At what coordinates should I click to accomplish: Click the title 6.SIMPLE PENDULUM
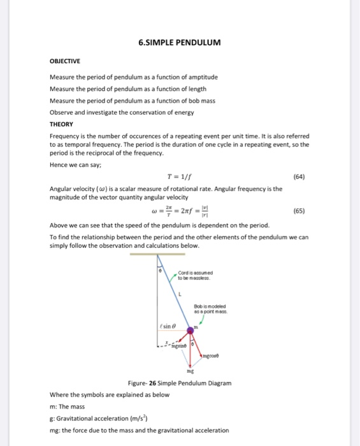pyautogui.click(x=179, y=43)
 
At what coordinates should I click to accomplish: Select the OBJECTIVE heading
pyautogui.click(x=66, y=62)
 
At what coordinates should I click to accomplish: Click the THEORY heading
pyautogui.click(x=61, y=124)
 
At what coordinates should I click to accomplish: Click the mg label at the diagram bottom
pyautogui.click(x=189, y=369)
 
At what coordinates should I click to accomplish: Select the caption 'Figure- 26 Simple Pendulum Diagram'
pyautogui.click(x=180, y=383)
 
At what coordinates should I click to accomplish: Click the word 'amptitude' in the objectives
pyautogui.click(x=195, y=77)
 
